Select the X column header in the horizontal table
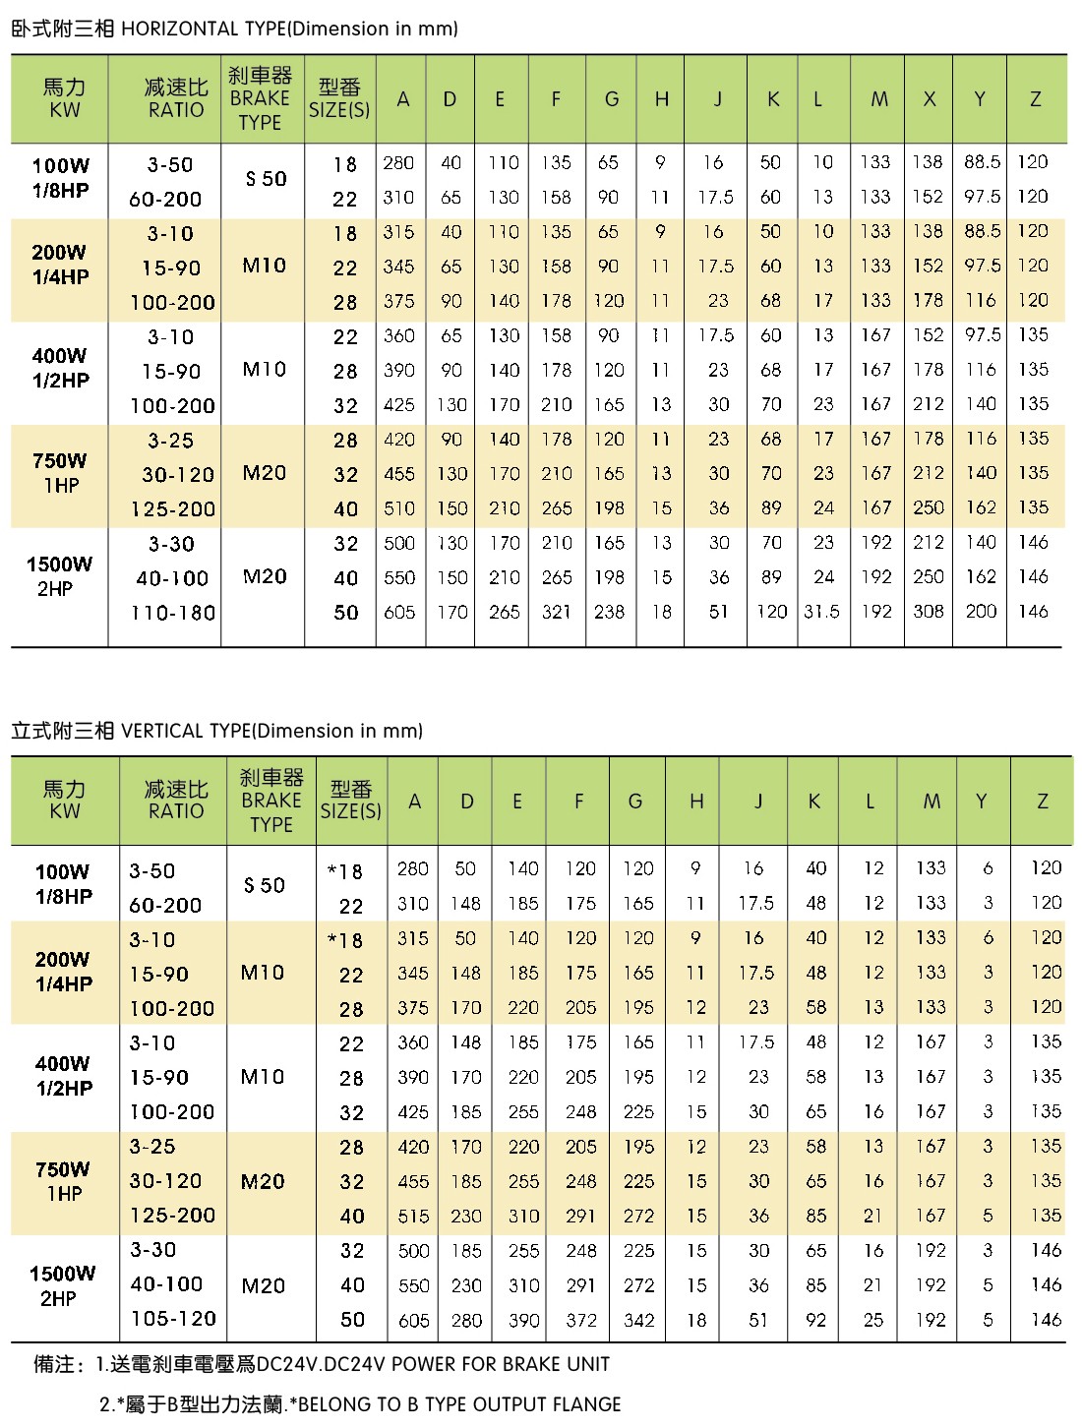coord(929,99)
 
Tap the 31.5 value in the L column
coord(821,612)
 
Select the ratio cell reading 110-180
coord(173,613)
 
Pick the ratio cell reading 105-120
coord(172,1319)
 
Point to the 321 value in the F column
coord(556,612)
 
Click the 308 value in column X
coord(929,612)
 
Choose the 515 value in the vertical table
coord(413,1217)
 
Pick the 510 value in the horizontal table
coord(399,508)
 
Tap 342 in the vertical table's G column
coord(638,1320)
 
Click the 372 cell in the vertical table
coord(581,1320)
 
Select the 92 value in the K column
coord(815,1320)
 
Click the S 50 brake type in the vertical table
coord(265,885)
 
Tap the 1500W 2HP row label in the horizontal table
coord(59,576)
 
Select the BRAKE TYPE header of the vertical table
coord(271,801)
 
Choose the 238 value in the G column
coord(609,612)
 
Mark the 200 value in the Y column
coord(981,612)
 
